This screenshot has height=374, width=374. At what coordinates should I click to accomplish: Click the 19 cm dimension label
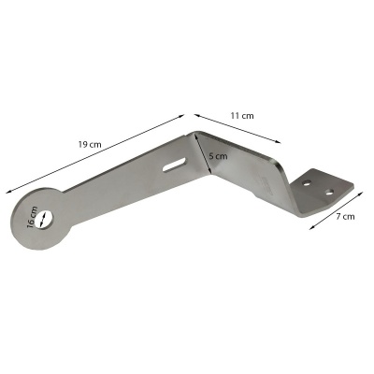[90, 145]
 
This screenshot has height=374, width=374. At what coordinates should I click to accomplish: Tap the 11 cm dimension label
[242, 116]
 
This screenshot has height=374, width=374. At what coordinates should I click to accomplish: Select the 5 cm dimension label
[218, 156]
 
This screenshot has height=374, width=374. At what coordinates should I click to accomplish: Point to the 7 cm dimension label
[345, 216]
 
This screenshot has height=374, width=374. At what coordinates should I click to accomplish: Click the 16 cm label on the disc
[32, 217]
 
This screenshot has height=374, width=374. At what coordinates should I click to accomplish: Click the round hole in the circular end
[44, 220]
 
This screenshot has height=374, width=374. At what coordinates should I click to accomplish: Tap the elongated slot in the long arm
[174, 165]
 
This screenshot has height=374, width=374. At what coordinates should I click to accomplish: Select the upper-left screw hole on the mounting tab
[308, 183]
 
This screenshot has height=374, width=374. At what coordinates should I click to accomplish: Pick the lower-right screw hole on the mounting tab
[329, 192]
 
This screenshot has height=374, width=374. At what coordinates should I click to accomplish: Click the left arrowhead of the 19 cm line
[8, 192]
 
